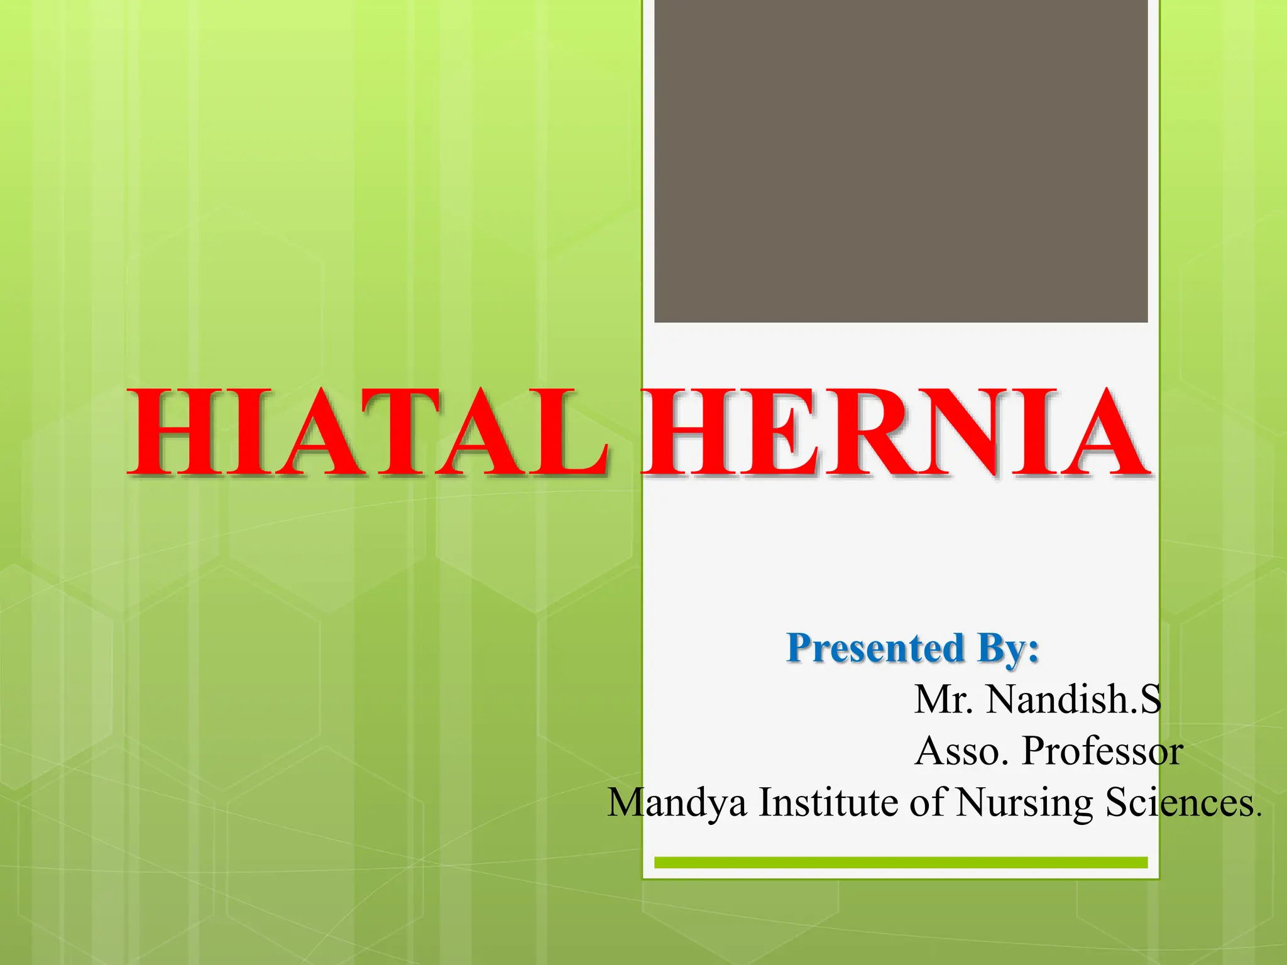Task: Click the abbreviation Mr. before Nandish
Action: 943,699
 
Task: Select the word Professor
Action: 1102,751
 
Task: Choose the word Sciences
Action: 1181,802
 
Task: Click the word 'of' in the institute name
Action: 927,802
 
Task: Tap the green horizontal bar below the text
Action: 901,863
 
